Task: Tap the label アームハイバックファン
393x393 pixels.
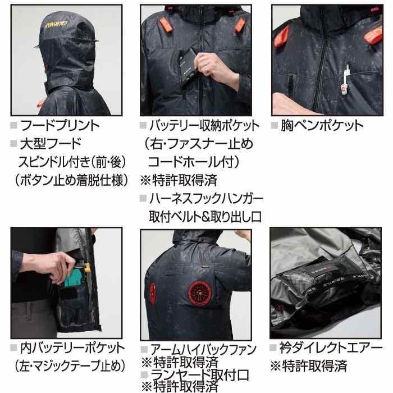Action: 206,348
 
